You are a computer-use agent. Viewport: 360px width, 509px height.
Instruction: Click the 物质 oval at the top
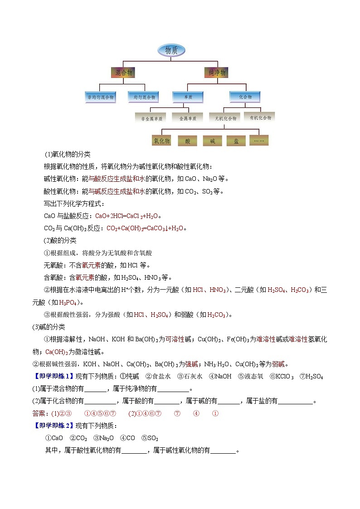(170, 50)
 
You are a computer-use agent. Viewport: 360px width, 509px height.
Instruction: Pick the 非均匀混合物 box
(100, 97)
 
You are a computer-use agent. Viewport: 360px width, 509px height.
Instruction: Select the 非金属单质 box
(151, 118)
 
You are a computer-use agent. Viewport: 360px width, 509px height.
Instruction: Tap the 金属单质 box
(188, 118)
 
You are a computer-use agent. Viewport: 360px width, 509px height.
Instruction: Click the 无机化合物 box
(225, 118)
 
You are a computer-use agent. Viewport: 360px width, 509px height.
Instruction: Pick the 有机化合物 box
(260, 117)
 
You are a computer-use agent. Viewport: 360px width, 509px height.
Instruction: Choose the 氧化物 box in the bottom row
(161, 141)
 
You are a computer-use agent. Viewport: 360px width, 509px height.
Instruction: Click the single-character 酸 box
(188, 141)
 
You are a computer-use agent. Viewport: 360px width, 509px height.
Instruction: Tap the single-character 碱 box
(212, 141)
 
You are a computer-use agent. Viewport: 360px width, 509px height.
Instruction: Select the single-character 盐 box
(236, 141)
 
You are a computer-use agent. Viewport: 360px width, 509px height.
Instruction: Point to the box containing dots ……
(260, 141)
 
